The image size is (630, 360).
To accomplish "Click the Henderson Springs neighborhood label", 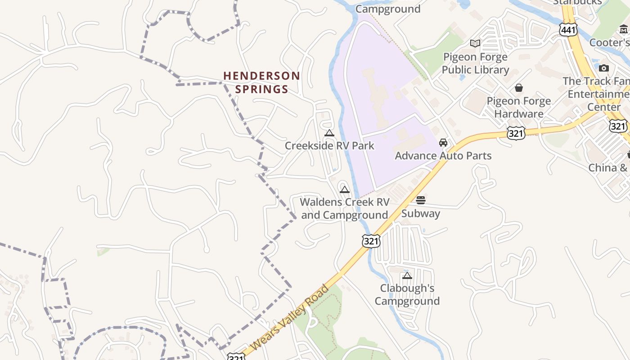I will click(x=261, y=82).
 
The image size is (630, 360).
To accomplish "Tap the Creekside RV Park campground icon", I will click(x=329, y=133).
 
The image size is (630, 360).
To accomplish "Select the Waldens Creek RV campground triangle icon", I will click(x=345, y=190).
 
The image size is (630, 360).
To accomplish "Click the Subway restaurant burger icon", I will click(x=421, y=200).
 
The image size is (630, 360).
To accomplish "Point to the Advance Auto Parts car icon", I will click(x=443, y=143).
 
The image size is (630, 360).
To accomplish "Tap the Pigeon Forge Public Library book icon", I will click(x=475, y=44).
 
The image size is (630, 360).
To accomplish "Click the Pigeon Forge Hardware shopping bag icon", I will click(x=519, y=87).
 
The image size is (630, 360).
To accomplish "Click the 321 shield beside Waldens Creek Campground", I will click(x=371, y=241).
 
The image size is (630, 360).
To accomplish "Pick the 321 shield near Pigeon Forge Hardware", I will click(x=516, y=133).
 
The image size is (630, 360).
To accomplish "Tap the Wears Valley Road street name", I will click(x=290, y=318).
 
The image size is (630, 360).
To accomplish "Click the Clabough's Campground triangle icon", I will click(x=407, y=275).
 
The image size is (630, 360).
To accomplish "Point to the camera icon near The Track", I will click(x=604, y=68).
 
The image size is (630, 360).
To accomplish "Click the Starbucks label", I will click(x=577, y=2).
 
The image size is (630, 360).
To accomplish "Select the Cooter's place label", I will click(x=609, y=43).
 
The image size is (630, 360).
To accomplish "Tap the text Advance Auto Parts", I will click(x=443, y=156).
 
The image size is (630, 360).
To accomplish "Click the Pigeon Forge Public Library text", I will click(x=475, y=63).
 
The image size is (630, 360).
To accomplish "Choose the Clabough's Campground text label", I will click(x=407, y=294).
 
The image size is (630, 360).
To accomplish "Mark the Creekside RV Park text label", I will click(x=329, y=146).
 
